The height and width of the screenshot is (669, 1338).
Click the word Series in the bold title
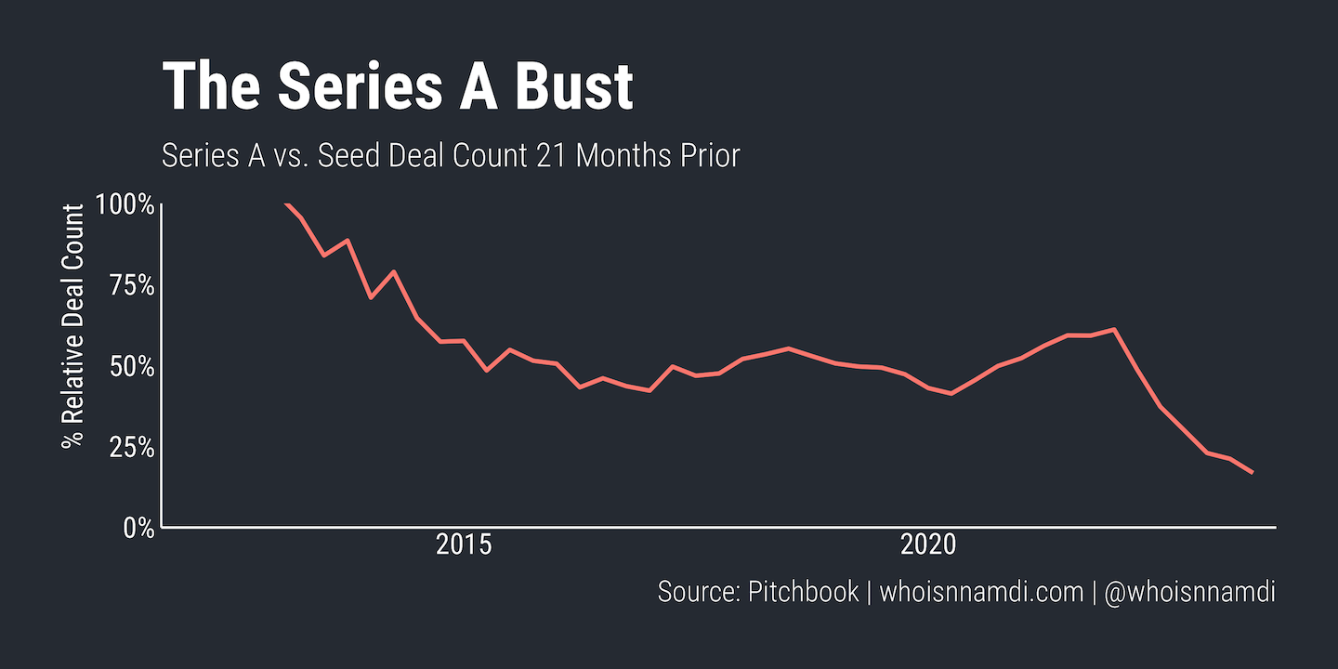341,87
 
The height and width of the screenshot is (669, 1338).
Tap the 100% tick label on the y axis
125,204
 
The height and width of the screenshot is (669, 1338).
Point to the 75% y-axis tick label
130,285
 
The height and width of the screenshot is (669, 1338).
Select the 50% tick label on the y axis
130,366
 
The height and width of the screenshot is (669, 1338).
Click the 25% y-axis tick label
130,447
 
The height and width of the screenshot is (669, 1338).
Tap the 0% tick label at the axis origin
138,528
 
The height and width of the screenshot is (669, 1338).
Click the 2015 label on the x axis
463,545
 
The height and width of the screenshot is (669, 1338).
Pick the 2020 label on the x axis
928,545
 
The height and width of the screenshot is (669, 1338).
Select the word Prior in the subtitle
709,155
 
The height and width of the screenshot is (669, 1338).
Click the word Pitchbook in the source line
803,592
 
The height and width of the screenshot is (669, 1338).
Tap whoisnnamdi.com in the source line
981,592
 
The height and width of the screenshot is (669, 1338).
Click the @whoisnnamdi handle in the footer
1189,592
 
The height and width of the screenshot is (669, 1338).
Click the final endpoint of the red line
1253,473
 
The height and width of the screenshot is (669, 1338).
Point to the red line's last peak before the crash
1113,329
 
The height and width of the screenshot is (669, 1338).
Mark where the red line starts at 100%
285,203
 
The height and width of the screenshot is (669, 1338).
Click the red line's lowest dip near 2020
951,394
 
